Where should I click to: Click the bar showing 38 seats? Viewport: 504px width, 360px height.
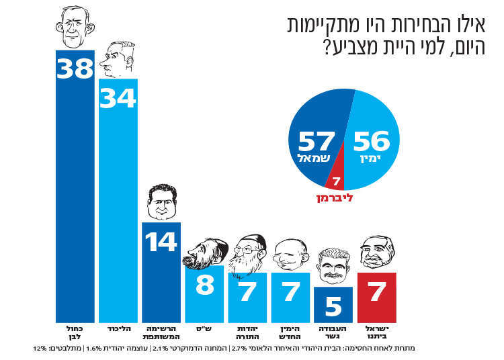[75, 188]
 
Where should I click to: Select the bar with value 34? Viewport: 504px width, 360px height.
[118, 201]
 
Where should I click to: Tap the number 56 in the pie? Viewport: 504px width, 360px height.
[371, 142]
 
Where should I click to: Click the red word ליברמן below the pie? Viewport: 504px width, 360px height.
[333, 199]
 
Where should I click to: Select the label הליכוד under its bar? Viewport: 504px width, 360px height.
[118, 328]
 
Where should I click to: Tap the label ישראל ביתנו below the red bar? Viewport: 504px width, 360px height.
[377, 332]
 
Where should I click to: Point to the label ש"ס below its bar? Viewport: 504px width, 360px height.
[204, 328]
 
